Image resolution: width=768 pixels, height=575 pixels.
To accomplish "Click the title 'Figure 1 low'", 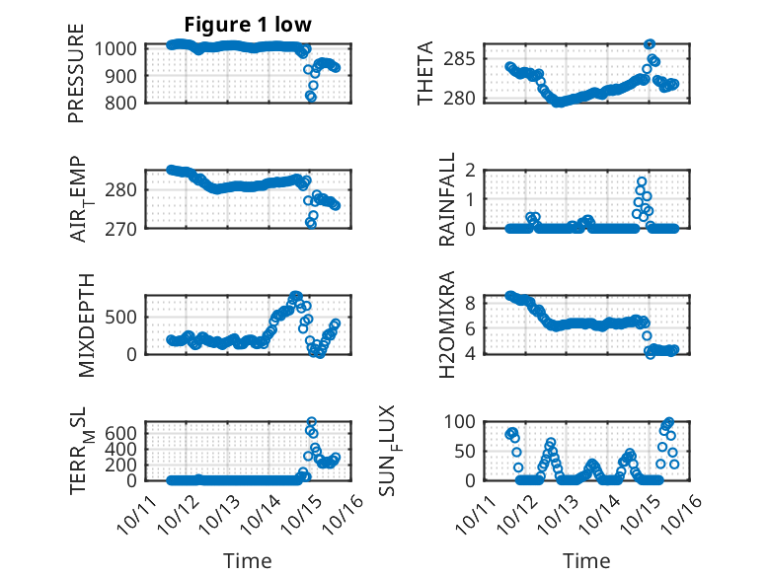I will (x=248, y=25).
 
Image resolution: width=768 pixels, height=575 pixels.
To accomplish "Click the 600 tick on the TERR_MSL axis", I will (x=123, y=432).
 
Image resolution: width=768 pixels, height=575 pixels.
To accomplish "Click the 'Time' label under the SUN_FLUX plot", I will (x=586, y=561).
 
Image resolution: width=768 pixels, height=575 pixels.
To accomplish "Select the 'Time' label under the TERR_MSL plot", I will (x=248, y=561).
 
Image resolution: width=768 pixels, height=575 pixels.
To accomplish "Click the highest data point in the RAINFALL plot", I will (x=641, y=181).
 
